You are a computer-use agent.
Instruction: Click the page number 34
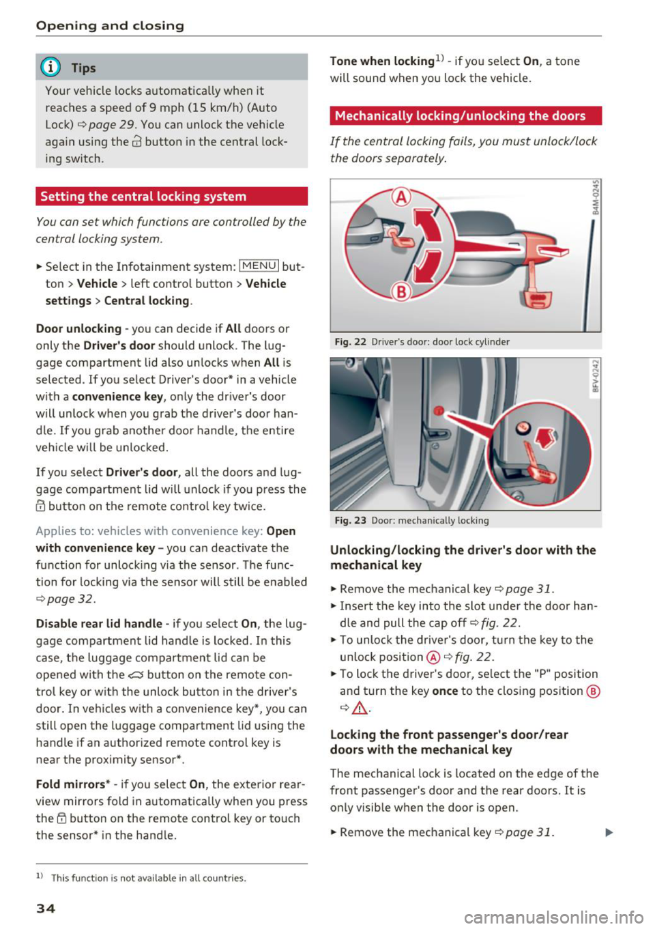(46, 908)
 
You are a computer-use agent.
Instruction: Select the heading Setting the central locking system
(143, 197)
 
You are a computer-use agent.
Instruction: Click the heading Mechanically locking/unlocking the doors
(461, 116)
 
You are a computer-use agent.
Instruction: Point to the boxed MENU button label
(259, 266)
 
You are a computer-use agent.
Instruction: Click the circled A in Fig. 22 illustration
(401, 197)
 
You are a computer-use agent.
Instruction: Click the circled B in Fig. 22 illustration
(401, 292)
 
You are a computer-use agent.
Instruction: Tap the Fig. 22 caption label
(351, 342)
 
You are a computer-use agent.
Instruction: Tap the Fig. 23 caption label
(351, 521)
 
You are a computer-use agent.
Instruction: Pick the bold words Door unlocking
(78, 328)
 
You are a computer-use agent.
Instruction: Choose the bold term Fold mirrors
(73, 784)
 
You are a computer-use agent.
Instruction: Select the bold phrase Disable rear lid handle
(99, 623)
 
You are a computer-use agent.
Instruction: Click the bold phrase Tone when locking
(382, 61)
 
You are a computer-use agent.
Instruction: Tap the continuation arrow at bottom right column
(609, 833)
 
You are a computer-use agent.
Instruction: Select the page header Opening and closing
(110, 26)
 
